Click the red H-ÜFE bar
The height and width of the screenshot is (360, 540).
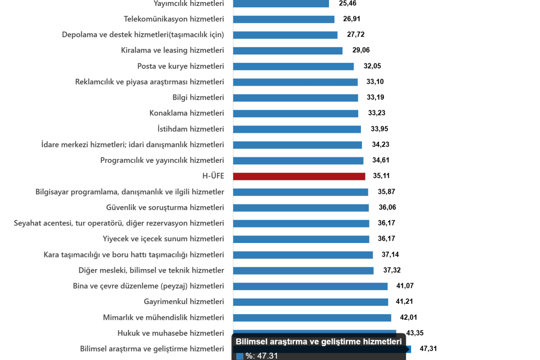[x=299, y=176]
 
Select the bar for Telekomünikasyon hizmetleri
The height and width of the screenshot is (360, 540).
[x=283, y=19]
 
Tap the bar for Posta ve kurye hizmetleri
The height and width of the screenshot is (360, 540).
[x=293, y=67]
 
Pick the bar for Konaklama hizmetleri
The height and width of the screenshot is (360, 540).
[x=296, y=113]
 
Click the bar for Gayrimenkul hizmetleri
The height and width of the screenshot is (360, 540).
[x=310, y=302]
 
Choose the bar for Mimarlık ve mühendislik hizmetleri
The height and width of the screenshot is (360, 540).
[x=312, y=318]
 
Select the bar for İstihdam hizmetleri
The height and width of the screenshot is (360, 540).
[x=297, y=129]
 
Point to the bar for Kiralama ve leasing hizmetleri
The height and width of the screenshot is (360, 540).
[x=288, y=51]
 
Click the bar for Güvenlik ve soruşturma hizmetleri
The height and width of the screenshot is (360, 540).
[x=301, y=208]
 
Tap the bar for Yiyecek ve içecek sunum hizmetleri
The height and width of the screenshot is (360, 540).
[x=301, y=239]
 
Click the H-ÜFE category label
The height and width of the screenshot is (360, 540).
[x=213, y=176]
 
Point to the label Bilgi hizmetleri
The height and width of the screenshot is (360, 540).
[x=198, y=98]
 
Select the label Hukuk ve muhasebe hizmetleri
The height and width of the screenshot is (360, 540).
[x=171, y=333]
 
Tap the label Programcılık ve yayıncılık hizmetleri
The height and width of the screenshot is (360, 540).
[x=162, y=161]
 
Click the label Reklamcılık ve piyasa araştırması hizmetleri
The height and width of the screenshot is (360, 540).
[x=150, y=82]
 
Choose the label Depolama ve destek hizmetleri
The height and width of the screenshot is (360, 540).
[x=143, y=35]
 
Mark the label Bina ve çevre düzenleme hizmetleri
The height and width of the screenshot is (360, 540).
[x=148, y=286]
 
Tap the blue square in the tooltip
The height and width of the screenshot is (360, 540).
[x=240, y=356]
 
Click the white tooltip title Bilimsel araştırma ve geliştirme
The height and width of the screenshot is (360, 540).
[x=319, y=342]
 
